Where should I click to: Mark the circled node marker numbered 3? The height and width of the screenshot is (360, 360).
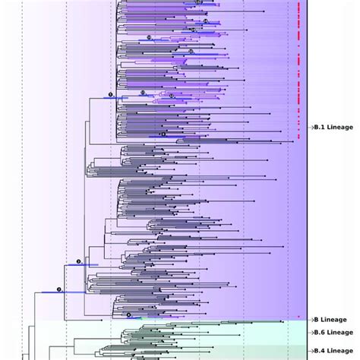77,260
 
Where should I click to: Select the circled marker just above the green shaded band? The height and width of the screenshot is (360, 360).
129,314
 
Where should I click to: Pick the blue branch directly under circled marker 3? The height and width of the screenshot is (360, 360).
77,264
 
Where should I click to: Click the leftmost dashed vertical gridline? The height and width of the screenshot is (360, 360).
22,152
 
